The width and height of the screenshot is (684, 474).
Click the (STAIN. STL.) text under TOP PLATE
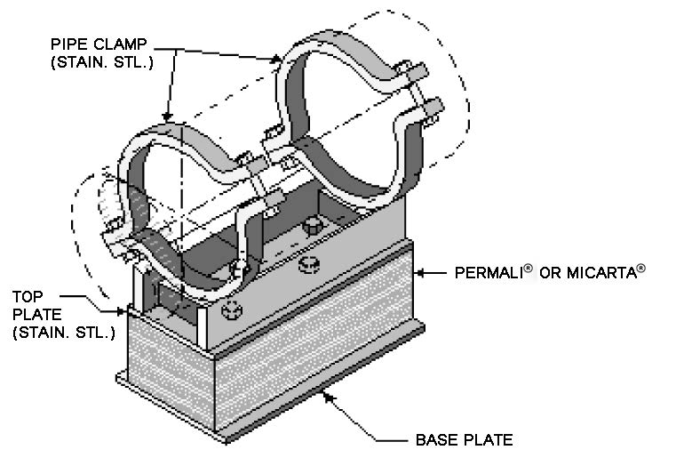coord(63,333)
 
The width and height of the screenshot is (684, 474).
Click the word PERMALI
coord(488,273)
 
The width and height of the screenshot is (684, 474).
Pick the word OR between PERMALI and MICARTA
coord(552,273)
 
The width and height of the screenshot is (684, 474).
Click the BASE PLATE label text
coord(464,440)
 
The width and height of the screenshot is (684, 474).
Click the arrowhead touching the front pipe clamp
coord(167,119)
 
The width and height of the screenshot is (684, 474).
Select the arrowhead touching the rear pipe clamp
coord(282,60)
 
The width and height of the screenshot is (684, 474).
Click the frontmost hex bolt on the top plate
coord(233,310)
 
